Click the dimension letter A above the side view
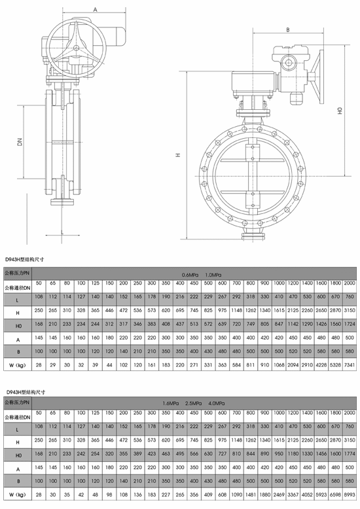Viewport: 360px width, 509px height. coord(96,10)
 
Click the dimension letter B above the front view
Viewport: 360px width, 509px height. coord(287,29)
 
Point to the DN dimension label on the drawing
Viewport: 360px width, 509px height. coord(20,142)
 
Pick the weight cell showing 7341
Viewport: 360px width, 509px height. coord(349,363)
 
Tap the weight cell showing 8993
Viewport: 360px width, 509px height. coord(349,495)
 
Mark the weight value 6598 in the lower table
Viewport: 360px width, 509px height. coord(334,495)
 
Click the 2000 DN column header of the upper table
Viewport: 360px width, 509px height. coord(349,282)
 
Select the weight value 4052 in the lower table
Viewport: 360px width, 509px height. coord(306,495)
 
